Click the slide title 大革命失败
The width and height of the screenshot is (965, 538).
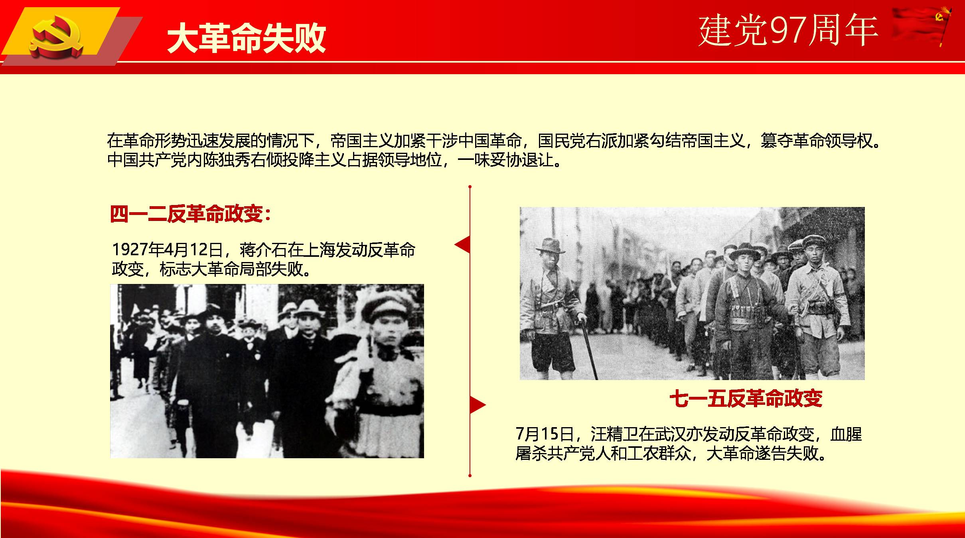coord(247,38)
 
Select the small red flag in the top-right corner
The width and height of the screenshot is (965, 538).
coord(922,26)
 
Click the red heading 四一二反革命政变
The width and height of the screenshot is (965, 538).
coord(186,214)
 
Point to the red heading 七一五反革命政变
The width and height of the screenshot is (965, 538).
coord(746,398)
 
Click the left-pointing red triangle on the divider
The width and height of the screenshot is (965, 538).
coord(462,244)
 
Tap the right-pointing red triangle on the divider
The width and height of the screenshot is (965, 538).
coord(478,405)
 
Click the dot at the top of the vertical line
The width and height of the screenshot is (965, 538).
coord(470,187)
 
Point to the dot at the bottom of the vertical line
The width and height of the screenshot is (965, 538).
coord(470,475)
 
